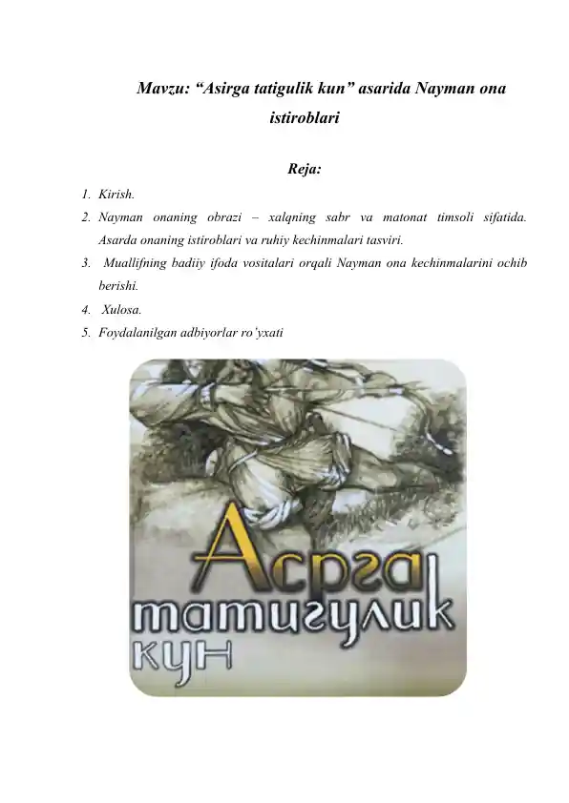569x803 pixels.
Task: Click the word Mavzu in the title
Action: (159, 90)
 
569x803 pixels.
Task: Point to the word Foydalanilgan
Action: (138, 332)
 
